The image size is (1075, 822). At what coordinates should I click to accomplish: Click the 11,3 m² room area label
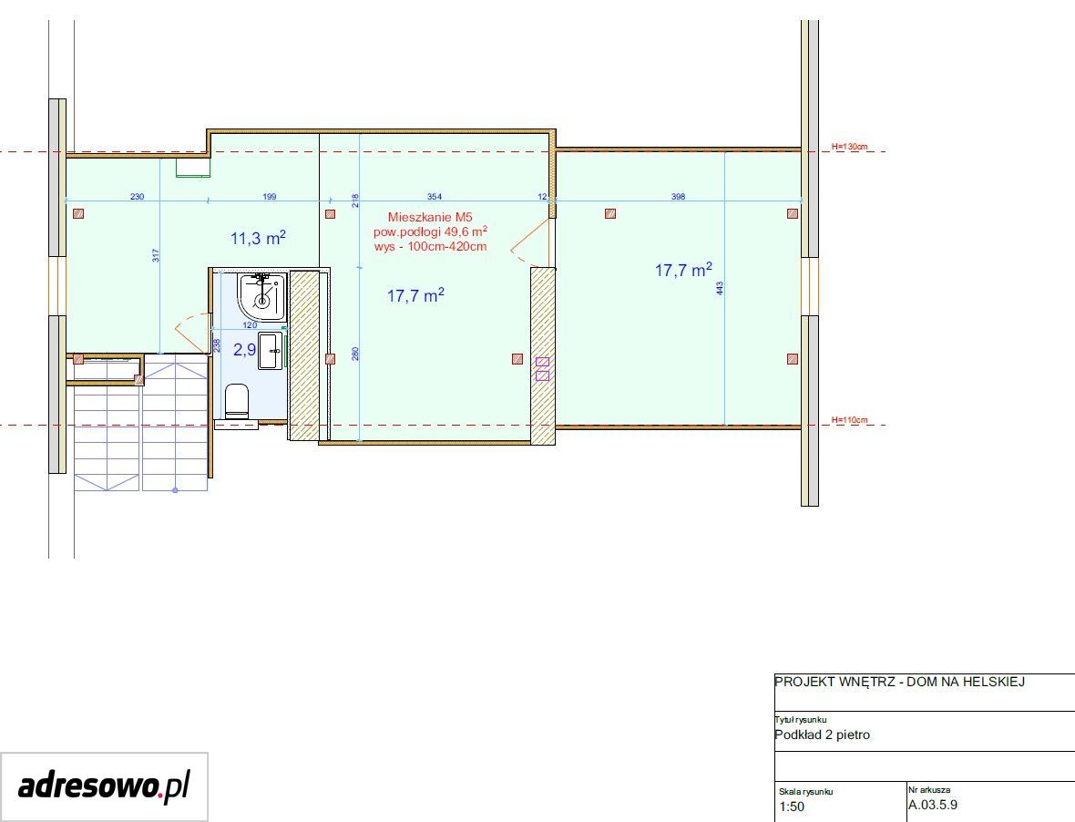tap(258, 237)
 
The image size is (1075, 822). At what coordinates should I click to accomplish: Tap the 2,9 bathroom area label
tap(245, 350)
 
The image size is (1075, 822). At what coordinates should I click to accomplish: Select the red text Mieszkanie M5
tap(430, 217)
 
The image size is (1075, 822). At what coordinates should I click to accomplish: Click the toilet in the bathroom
tap(237, 400)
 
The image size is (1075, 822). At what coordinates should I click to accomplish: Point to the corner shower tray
tap(261, 296)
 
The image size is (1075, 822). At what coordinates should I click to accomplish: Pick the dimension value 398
tap(678, 196)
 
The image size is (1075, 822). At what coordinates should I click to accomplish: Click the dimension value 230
tap(138, 196)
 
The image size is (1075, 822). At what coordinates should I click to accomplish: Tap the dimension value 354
tap(434, 196)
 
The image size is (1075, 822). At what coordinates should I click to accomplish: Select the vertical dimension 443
tap(719, 289)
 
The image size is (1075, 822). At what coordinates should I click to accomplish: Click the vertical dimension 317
tap(156, 256)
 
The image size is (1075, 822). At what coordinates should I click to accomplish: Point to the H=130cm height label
tap(849, 146)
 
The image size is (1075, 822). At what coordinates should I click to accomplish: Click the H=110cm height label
tap(849, 419)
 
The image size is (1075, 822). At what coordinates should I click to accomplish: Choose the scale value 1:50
tap(792, 807)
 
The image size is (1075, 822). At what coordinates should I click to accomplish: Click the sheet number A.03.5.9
tap(933, 805)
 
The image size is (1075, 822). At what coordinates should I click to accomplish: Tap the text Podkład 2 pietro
tap(822, 735)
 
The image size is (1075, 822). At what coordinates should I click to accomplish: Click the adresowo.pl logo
tap(104, 786)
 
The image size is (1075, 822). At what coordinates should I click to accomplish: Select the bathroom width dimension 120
tap(250, 325)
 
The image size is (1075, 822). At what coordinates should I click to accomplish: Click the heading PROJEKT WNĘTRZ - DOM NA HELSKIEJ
tap(899, 682)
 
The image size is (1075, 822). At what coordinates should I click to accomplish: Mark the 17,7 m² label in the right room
tap(683, 270)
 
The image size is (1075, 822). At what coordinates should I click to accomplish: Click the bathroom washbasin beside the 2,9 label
tap(271, 351)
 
